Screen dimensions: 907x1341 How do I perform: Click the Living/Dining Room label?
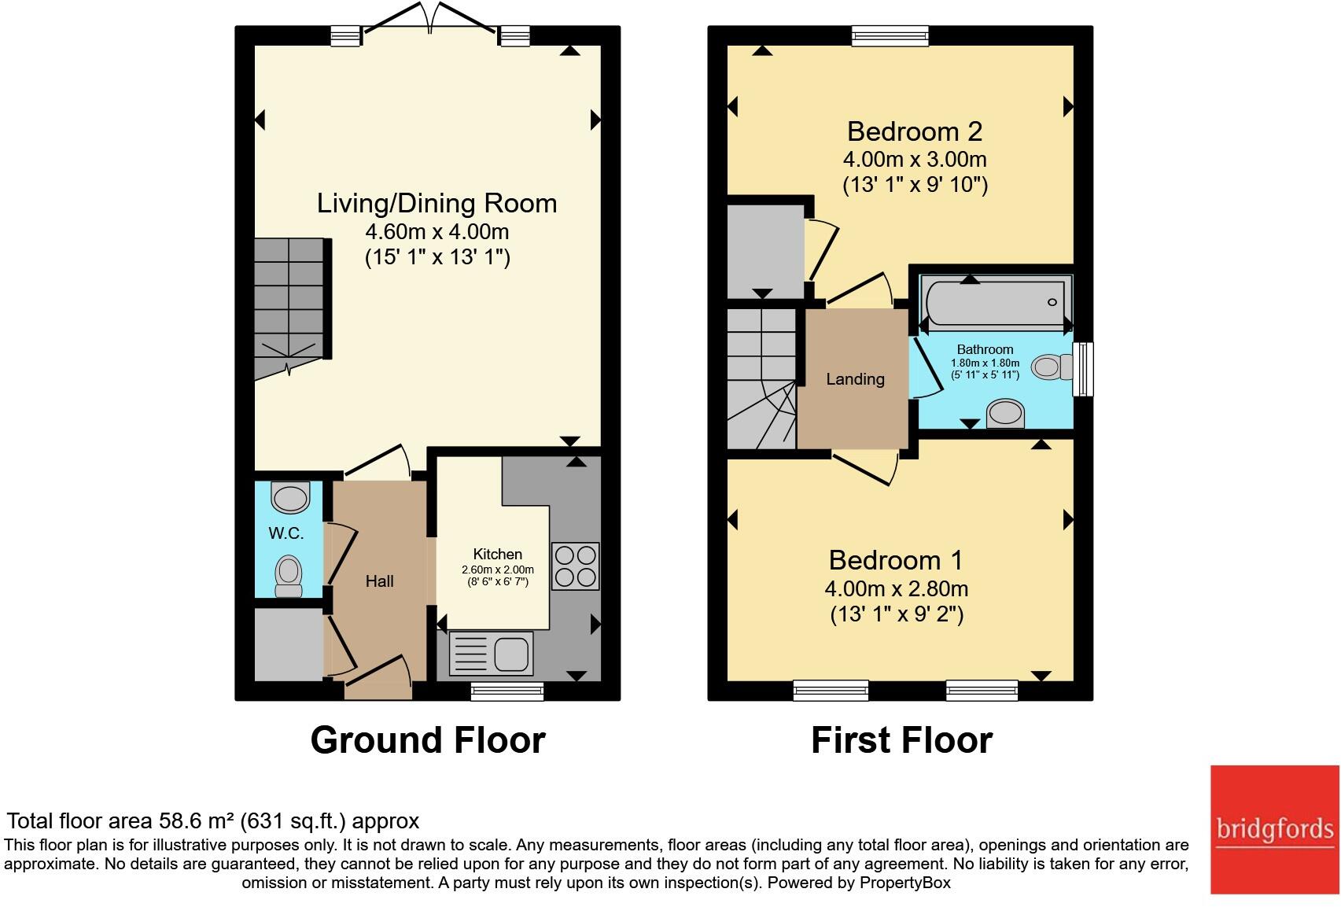(437, 203)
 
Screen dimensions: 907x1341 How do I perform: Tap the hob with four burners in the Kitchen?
(576, 566)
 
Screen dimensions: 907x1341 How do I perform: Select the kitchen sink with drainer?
(491, 654)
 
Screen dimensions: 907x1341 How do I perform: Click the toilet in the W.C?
(289, 578)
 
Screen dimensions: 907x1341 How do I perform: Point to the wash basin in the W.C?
(290, 497)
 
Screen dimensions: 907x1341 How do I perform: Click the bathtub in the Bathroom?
(995, 302)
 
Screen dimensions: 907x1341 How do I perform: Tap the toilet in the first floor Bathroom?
(1052, 367)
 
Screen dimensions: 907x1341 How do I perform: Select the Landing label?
(855, 379)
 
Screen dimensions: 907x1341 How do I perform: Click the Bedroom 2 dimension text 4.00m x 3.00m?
(914, 159)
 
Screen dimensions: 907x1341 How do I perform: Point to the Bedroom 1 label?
(895, 560)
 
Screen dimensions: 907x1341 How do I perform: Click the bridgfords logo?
(1274, 829)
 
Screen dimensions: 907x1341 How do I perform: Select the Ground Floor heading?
(428, 740)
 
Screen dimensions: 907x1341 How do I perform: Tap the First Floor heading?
(901, 740)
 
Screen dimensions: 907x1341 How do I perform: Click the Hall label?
(379, 581)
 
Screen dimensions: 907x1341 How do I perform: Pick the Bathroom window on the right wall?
(1083, 368)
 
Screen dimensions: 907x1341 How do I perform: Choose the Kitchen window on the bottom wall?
(507, 691)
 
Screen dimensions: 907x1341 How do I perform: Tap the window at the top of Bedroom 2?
(890, 35)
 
